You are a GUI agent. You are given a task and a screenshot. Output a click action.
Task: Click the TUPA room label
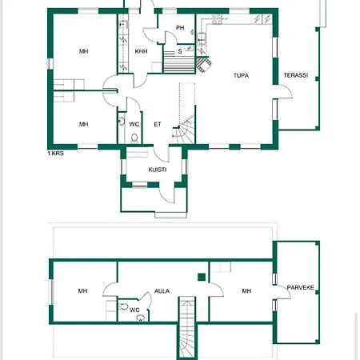[x=241, y=75]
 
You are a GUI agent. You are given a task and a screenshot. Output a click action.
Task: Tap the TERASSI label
[x=296, y=75]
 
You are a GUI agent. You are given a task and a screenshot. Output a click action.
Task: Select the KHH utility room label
[x=141, y=51]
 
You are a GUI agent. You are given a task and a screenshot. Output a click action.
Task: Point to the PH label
[x=180, y=28]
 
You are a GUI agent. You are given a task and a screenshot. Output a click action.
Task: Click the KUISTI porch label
[x=158, y=170]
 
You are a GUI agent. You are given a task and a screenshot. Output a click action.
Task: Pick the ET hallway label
[x=158, y=124]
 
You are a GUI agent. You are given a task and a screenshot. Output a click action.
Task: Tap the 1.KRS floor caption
[x=55, y=154]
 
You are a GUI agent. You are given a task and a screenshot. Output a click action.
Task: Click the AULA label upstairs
[x=162, y=291]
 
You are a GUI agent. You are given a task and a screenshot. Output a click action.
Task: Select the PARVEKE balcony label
[x=300, y=287]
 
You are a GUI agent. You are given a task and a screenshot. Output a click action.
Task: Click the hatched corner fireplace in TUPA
[x=203, y=64]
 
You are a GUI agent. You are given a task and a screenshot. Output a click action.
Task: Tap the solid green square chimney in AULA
[x=202, y=278]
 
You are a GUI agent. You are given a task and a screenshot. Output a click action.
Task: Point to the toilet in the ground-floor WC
[x=134, y=138]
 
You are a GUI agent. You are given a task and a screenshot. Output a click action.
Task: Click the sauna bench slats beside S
[x=179, y=62]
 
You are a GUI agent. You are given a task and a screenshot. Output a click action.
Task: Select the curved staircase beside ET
[x=184, y=130]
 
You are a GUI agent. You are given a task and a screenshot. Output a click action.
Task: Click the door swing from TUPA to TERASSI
[x=285, y=92]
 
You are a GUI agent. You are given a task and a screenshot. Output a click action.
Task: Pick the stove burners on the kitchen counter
[x=217, y=19]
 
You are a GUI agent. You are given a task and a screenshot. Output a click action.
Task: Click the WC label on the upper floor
[x=134, y=310]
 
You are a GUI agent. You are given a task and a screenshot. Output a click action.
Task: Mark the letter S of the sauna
[x=180, y=51]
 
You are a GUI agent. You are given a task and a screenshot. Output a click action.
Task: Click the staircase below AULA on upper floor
[x=187, y=327]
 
